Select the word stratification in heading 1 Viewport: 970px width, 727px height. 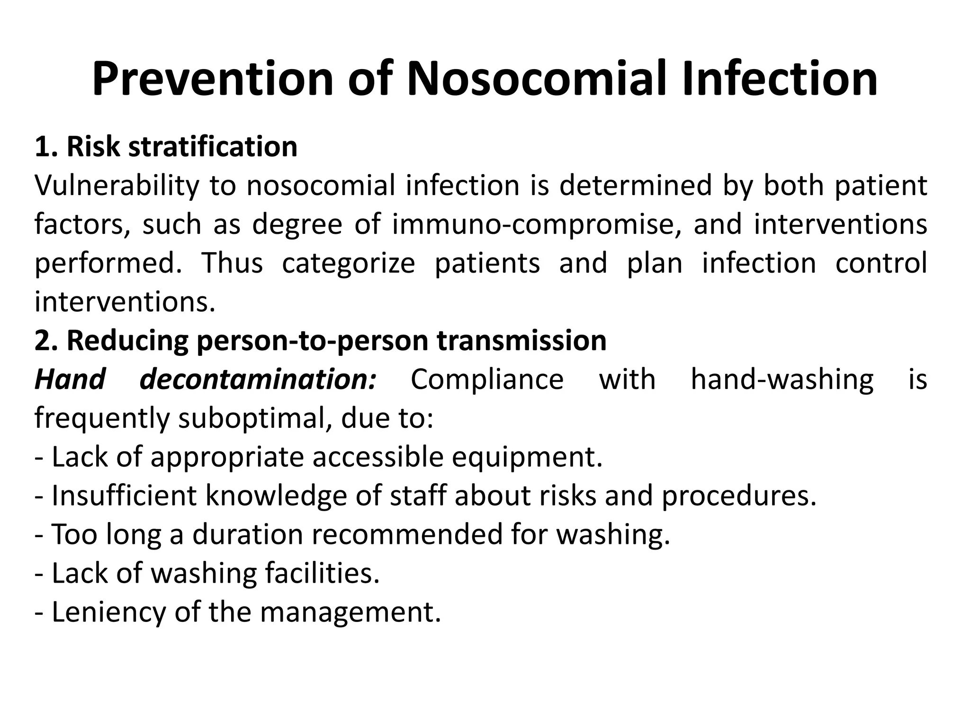[x=213, y=147]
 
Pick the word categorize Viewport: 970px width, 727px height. [x=348, y=263]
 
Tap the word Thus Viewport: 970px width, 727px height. [x=232, y=263]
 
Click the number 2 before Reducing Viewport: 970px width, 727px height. [x=43, y=341]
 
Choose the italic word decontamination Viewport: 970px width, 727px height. [x=258, y=380]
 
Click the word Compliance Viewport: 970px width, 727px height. [x=487, y=380]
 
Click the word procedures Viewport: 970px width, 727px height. [x=739, y=496]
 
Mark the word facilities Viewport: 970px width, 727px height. [x=322, y=574]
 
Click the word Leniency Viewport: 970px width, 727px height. [x=108, y=612]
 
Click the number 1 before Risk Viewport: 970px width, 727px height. [x=43, y=147]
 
